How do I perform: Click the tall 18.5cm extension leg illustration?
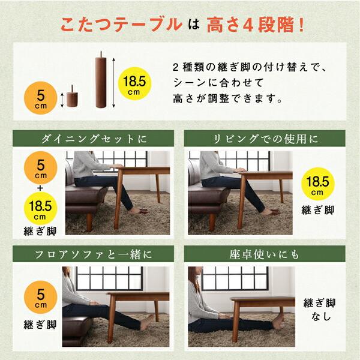click(100, 82)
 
